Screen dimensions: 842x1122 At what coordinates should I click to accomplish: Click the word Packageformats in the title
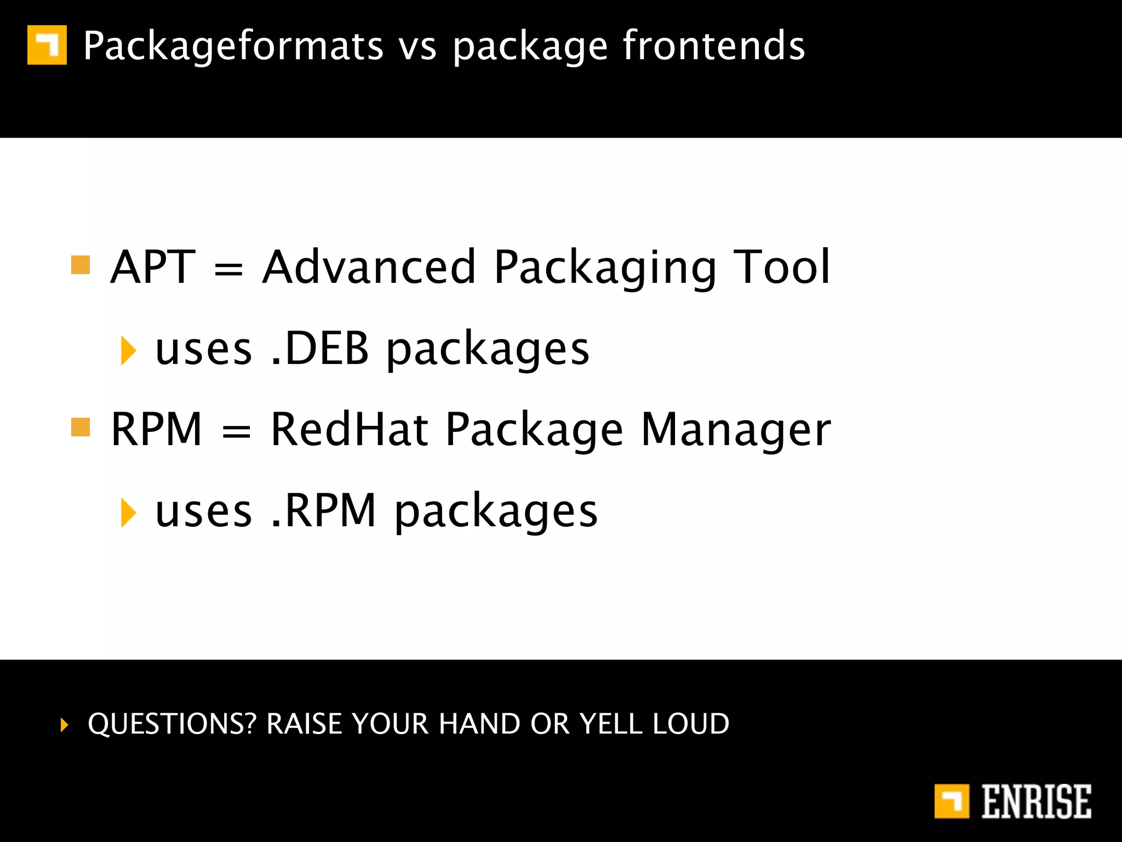pos(233,46)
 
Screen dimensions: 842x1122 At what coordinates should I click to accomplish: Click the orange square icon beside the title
pos(47,45)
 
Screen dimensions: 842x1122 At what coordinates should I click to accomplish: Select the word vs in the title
pos(417,47)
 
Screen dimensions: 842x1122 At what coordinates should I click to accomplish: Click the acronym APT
pos(152,267)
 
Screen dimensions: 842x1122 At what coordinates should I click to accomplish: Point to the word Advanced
pos(368,267)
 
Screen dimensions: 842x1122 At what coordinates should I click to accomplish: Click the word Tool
pos(782,267)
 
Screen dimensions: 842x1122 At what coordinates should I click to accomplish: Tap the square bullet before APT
pos(81,265)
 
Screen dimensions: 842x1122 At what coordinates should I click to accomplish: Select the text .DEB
pos(320,349)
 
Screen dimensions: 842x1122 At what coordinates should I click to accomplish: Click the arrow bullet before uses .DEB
pos(128,351)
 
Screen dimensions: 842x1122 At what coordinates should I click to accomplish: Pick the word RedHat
pos(350,429)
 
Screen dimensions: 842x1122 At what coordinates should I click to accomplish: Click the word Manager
pos(736,429)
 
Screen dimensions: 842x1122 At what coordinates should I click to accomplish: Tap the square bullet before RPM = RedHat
pos(81,427)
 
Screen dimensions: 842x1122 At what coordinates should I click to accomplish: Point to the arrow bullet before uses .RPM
pos(128,513)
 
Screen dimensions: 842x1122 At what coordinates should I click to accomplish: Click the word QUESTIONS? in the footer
pos(172,724)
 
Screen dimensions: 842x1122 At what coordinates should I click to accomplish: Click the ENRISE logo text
pos(1035,802)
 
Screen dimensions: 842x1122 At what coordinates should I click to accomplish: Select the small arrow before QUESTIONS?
pos(65,725)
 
